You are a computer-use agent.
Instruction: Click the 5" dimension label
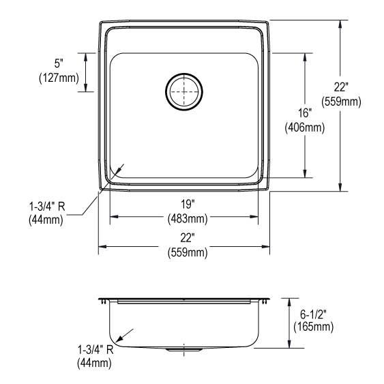60,63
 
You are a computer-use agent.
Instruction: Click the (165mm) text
313,327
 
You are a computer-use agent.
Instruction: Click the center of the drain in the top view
184,91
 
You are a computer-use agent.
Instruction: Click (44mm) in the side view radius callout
94,364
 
